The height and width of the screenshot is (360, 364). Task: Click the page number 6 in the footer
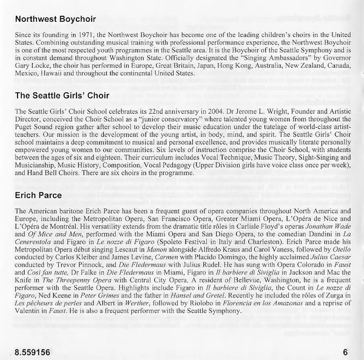(345, 351)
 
